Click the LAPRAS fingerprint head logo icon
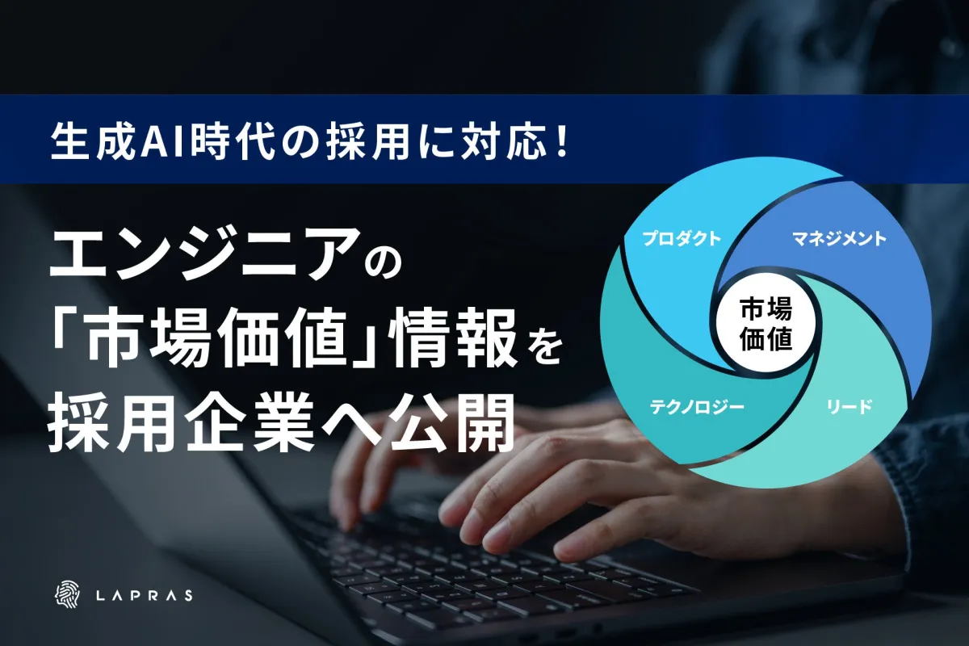click(x=67, y=594)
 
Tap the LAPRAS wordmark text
click(x=144, y=595)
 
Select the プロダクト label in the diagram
click(x=682, y=238)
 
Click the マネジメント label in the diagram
click(x=839, y=238)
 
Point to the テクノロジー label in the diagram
click(x=696, y=407)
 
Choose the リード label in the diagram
click(x=849, y=407)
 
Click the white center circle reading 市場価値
click(x=766, y=323)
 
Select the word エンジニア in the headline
click(x=204, y=255)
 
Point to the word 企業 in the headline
click(x=247, y=424)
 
